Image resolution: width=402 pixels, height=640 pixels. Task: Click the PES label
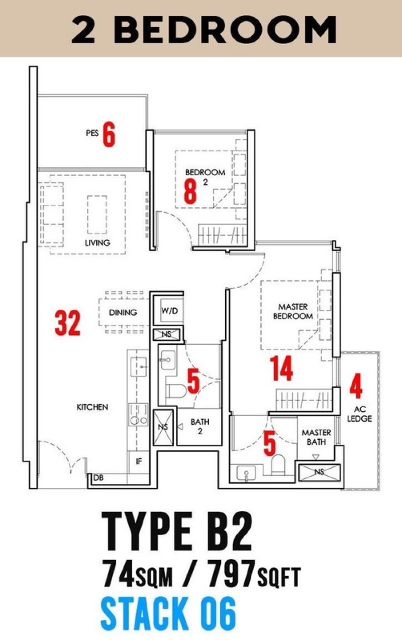(92, 133)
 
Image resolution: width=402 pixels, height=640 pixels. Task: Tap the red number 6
(109, 135)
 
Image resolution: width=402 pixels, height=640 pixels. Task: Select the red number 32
(68, 323)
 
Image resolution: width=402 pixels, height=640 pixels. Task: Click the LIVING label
(97, 242)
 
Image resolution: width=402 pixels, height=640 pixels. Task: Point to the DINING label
(123, 312)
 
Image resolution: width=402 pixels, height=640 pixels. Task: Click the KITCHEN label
(92, 407)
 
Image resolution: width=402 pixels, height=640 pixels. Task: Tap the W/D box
(170, 311)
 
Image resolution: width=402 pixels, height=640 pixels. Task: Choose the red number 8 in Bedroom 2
(190, 191)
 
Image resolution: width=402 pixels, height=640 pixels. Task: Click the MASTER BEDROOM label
(293, 311)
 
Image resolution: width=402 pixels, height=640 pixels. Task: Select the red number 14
(281, 368)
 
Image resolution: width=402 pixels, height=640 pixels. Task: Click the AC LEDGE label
(359, 414)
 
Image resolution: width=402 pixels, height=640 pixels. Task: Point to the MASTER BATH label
(316, 437)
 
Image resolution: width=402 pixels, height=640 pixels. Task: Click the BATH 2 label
(200, 426)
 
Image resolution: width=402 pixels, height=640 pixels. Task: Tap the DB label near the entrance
(98, 477)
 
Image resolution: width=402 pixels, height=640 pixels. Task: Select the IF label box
(139, 461)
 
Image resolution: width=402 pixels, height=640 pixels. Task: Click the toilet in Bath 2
(175, 391)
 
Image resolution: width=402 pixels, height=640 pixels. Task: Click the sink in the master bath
(246, 472)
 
